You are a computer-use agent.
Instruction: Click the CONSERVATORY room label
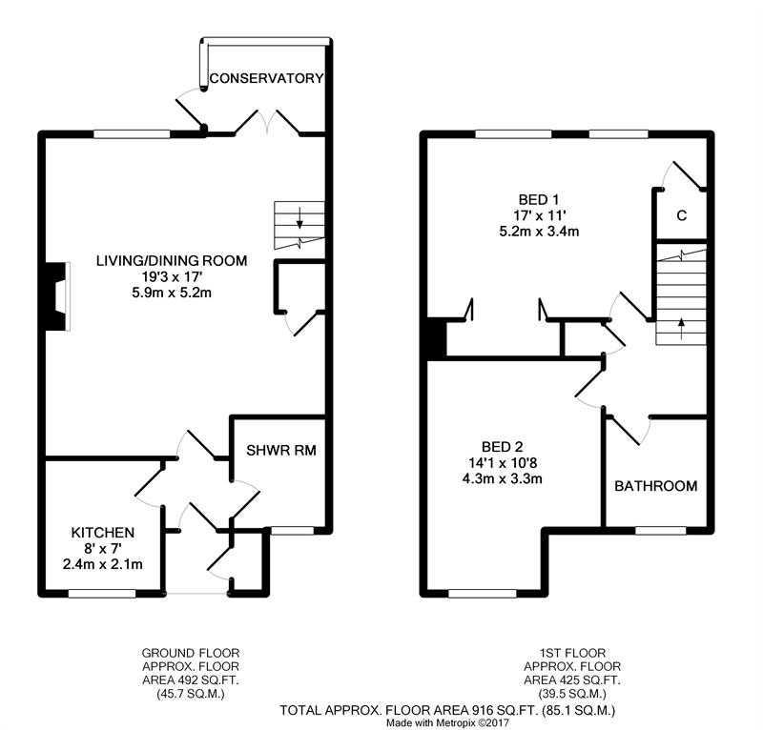tap(266, 78)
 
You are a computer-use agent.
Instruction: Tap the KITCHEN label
tap(103, 533)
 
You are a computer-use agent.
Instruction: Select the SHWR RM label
tap(280, 451)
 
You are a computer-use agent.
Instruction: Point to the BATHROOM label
tap(655, 486)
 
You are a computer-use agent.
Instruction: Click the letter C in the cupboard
tap(682, 215)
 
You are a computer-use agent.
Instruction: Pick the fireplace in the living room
tap(57, 296)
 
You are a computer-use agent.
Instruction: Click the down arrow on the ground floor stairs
tap(299, 217)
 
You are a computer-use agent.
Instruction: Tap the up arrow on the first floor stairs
tap(681, 328)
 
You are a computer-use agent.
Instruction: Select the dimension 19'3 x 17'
tap(172, 276)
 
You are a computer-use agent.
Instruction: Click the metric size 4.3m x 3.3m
tap(503, 478)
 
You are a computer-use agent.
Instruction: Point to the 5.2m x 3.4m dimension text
tap(539, 232)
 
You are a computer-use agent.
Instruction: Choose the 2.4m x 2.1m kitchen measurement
tap(103, 564)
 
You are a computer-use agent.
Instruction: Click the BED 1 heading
tap(539, 199)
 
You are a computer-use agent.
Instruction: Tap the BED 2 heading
tap(503, 446)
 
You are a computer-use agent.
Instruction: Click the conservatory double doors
tap(267, 122)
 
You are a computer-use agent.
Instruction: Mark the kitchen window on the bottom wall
tap(102, 594)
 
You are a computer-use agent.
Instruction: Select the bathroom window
tap(660, 531)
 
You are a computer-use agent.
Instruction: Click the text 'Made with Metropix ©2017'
tap(447, 723)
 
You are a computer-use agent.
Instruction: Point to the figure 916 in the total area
tap(482, 711)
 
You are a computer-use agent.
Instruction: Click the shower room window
tap(292, 531)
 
